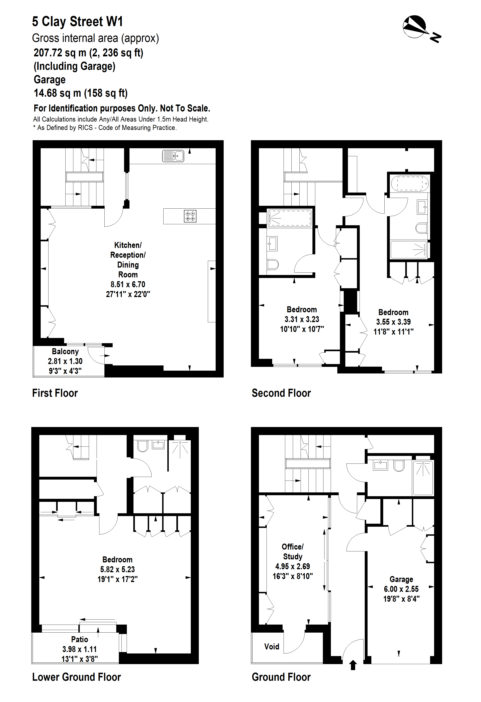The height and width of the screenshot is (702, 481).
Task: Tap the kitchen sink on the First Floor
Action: (173, 156)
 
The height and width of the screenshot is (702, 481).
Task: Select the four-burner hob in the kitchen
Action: (190, 216)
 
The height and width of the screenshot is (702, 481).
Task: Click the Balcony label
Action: (65, 351)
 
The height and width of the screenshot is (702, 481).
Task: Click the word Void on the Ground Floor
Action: (272, 646)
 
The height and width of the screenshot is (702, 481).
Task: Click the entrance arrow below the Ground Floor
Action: (353, 665)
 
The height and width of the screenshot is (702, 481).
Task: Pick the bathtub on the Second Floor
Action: (409, 183)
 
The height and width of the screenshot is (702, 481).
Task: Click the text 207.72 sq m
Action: (60, 53)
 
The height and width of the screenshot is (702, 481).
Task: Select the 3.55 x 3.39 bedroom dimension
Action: (393, 322)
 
